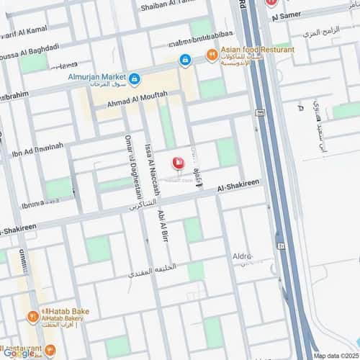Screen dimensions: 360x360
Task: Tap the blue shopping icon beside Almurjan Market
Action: (135, 76)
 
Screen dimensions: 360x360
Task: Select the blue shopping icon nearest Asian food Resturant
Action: (185, 60)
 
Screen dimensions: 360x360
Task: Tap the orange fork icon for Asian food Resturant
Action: (212, 54)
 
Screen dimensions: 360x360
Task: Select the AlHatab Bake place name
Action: (64, 311)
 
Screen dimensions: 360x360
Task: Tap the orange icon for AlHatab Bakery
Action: (33, 315)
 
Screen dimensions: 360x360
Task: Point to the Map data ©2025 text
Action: (334, 355)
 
